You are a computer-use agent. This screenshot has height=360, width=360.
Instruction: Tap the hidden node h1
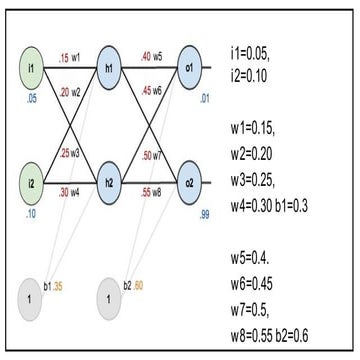111,70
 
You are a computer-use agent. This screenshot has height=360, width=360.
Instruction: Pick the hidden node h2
111,184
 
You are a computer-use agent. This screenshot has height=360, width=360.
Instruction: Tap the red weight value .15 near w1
64,58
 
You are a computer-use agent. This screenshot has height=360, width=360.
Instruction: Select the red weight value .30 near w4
66,192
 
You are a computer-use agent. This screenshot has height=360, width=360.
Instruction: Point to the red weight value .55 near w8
147,192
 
